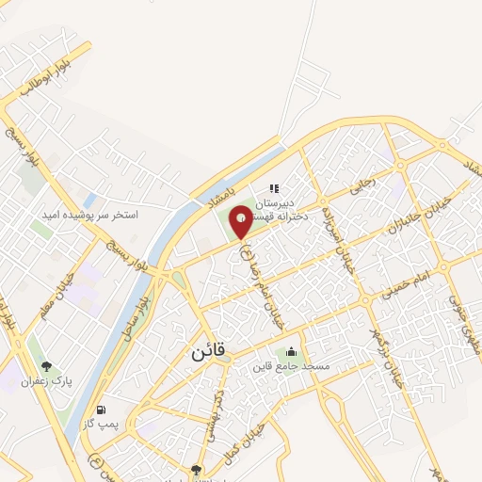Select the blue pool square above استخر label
[89, 201]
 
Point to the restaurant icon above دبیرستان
[275, 188]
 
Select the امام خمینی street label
[406, 285]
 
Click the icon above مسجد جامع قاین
[291, 350]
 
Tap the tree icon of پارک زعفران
[45, 365]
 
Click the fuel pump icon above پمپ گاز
[102, 410]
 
